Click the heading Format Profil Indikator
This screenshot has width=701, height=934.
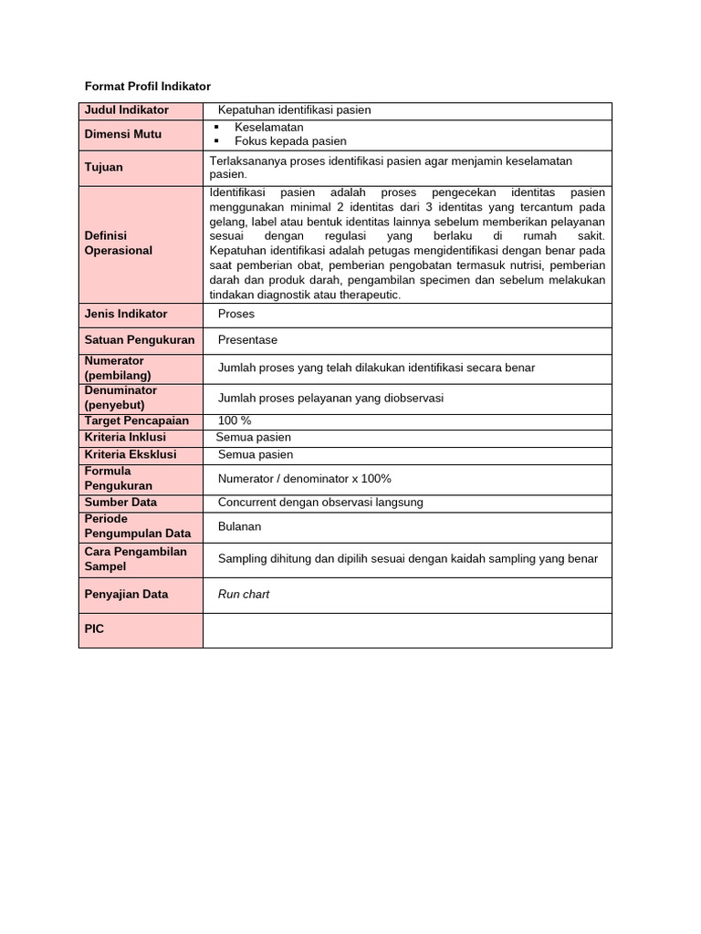coord(147,87)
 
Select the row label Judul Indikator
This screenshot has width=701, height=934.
coord(127,110)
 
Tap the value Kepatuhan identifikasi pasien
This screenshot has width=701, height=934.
coord(288,110)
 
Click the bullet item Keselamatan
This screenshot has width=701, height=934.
coord(268,128)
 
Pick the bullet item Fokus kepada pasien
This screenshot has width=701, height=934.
coord(290,141)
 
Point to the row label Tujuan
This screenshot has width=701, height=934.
coord(103,168)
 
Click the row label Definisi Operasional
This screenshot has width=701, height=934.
coord(119,243)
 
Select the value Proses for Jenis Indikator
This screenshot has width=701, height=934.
coord(236,314)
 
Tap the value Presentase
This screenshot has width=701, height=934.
coord(247,340)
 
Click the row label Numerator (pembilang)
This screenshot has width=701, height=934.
coord(118,368)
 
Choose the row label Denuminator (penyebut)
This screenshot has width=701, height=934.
coord(121,398)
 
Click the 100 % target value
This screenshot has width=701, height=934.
coord(235,420)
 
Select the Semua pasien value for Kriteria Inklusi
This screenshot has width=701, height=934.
coord(254,438)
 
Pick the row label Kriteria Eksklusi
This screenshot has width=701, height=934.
coord(131,454)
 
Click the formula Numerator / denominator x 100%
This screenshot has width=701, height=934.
coord(304,479)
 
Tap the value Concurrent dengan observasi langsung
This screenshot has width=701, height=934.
coord(320,503)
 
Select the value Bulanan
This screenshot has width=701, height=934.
coord(239,527)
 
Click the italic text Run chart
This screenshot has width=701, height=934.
coord(243,595)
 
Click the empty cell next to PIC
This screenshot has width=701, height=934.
coord(407,630)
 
